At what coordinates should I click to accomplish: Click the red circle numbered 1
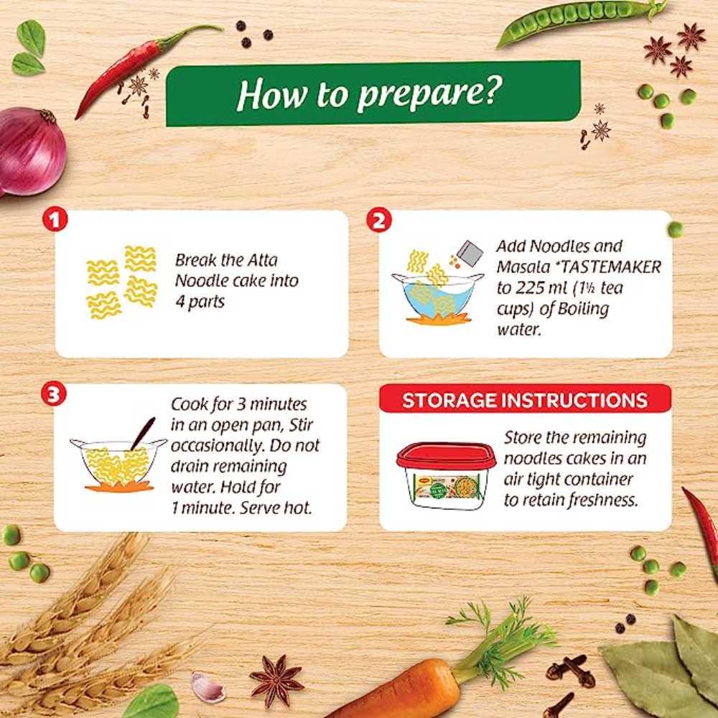(55, 220)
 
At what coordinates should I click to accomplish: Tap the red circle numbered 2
(378, 220)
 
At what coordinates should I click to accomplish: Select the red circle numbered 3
(54, 394)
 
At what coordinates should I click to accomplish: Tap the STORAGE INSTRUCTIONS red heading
(525, 400)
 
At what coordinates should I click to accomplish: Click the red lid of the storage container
(446, 456)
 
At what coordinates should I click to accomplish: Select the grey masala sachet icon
(470, 253)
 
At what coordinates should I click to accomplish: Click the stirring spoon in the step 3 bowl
(143, 433)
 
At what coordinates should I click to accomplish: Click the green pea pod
(581, 20)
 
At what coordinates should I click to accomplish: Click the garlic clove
(207, 687)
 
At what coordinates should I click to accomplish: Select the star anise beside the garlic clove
(276, 681)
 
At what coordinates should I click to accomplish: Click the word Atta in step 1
(262, 260)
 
